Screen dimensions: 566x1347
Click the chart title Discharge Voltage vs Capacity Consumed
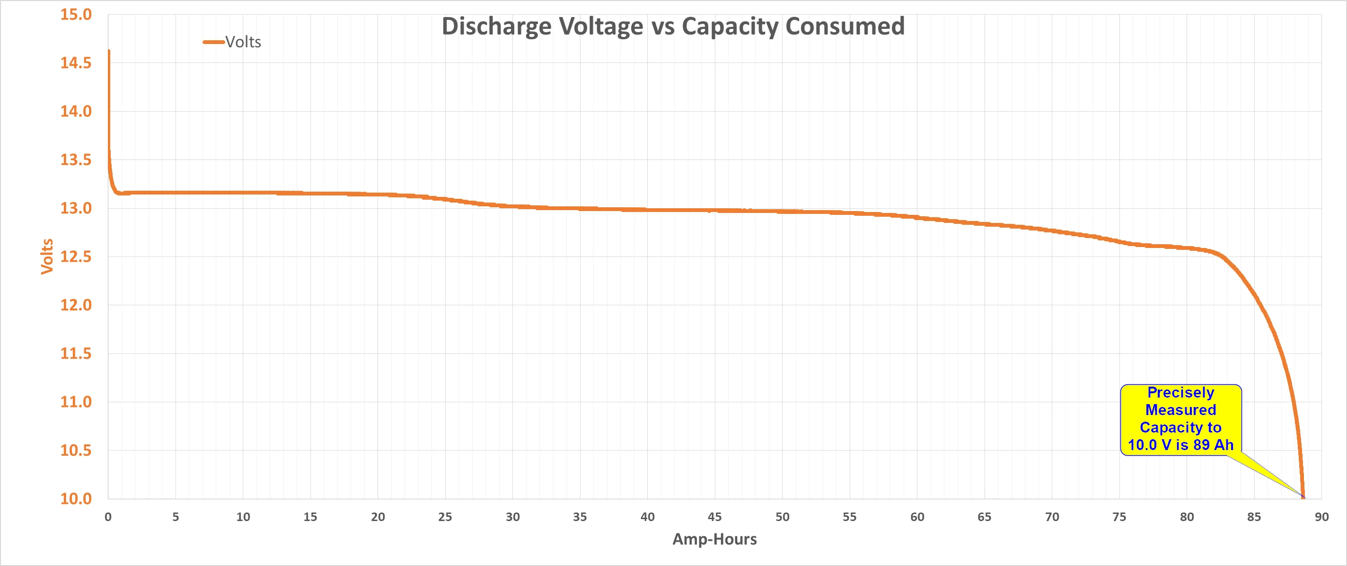[x=673, y=26]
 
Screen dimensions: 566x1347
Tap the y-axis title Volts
[x=47, y=256]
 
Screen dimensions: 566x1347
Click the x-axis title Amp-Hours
[x=714, y=539]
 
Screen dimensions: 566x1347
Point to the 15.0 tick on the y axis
[x=76, y=15]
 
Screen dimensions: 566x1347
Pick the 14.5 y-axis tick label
[x=76, y=63]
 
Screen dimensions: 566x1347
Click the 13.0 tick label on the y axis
[x=76, y=208]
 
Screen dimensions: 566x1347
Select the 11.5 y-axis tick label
[x=76, y=354]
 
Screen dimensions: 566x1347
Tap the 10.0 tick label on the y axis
[x=76, y=498]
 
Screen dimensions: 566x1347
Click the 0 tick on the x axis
[x=108, y=517]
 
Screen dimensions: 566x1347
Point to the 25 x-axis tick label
[x=445, y=517]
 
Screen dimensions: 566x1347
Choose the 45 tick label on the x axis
[x=715, y=517]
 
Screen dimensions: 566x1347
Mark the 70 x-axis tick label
[x=1052, y=517]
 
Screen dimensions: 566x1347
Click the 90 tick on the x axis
[x=1321, y=517]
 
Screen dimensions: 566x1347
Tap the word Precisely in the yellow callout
[x=1181, y=392]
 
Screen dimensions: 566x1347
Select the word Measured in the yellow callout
[x=1181, y=409]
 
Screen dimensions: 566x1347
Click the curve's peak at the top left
[x=109, y=51]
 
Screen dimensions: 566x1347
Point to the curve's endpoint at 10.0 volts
[x=1303, y=497]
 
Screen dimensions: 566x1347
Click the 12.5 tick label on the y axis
[x=76, y=257]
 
